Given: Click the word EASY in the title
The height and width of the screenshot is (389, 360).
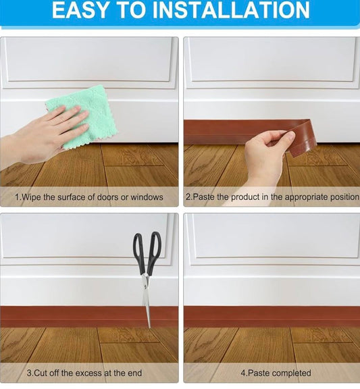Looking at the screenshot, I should [x=81, y=10].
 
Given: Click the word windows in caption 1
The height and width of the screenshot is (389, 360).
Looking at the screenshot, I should [x=145, y=197].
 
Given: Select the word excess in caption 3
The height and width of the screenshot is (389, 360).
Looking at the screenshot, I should [x=97, y=373].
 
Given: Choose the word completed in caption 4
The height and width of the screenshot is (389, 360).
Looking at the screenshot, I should [x=288, y=373].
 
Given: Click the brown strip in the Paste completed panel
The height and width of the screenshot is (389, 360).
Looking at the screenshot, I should [x=270, y=316].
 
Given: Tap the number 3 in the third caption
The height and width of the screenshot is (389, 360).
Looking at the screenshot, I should [x=28, y=373].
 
